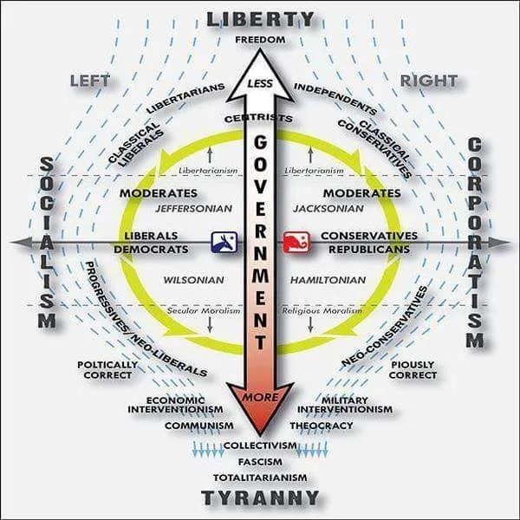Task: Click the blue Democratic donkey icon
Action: pyautogui.click(x=224, y=243)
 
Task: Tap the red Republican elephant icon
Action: pyautogui.click(x=296, y=243)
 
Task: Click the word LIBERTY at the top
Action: pyautogui.click(x=260, y=20)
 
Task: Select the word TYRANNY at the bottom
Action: pyautogui.click(x=260, y=497)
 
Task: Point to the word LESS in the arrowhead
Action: pyautogui.click(x=260, y=83)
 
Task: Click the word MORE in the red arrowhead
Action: pyautogui.click(x=260, y=397)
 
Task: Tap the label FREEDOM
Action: pyautogui.click(x=260, y=40)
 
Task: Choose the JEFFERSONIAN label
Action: pyautogui.click(x=194, y=209)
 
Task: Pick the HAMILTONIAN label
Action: pyautogui.click(x=328, y=280)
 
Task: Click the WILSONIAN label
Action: pyautogui.click(x=194, y=280)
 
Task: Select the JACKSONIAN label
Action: pyautogui.click(x=328, y=209)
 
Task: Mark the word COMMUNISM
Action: pyautogui.click(x=199, y=426)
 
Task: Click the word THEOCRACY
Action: pyautogui.click(x=322, y=426)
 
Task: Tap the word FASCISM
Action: pyautogui.click(x=260, y=462)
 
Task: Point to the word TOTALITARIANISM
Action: pyautogui.click(x=260, y=478)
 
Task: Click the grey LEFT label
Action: pyautogui.click(x=90, y=81)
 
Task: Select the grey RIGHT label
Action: pyautogui.click(x=429, y=81)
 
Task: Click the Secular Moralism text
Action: pyautogui.click(x=204, y=311)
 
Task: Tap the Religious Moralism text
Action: pyautogui.click(x=322, y=311)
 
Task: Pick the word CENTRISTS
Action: pyautogui.click(x=258, y=119)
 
